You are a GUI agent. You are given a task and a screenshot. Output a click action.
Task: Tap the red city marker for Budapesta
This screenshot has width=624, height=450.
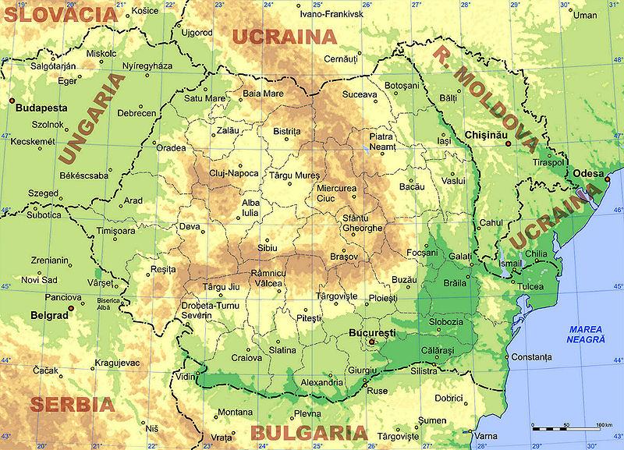tap(11, 100)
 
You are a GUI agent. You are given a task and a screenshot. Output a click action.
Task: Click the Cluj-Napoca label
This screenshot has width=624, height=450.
tap(233, 173)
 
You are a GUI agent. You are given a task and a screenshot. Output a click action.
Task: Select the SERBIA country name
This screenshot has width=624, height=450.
tap(71, 405)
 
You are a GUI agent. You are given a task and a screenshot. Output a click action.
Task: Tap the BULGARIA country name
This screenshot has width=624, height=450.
tap(308, 434)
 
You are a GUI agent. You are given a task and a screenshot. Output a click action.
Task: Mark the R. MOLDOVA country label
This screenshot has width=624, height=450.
tap(484, 97)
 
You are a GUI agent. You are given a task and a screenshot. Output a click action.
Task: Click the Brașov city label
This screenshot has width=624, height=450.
tap(343, 257)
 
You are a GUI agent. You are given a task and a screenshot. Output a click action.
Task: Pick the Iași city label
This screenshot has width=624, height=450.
tap(445, 141)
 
